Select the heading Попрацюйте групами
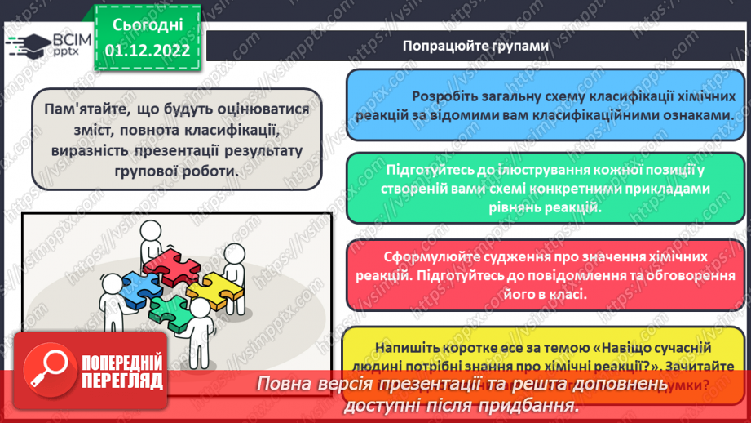[475, 46]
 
